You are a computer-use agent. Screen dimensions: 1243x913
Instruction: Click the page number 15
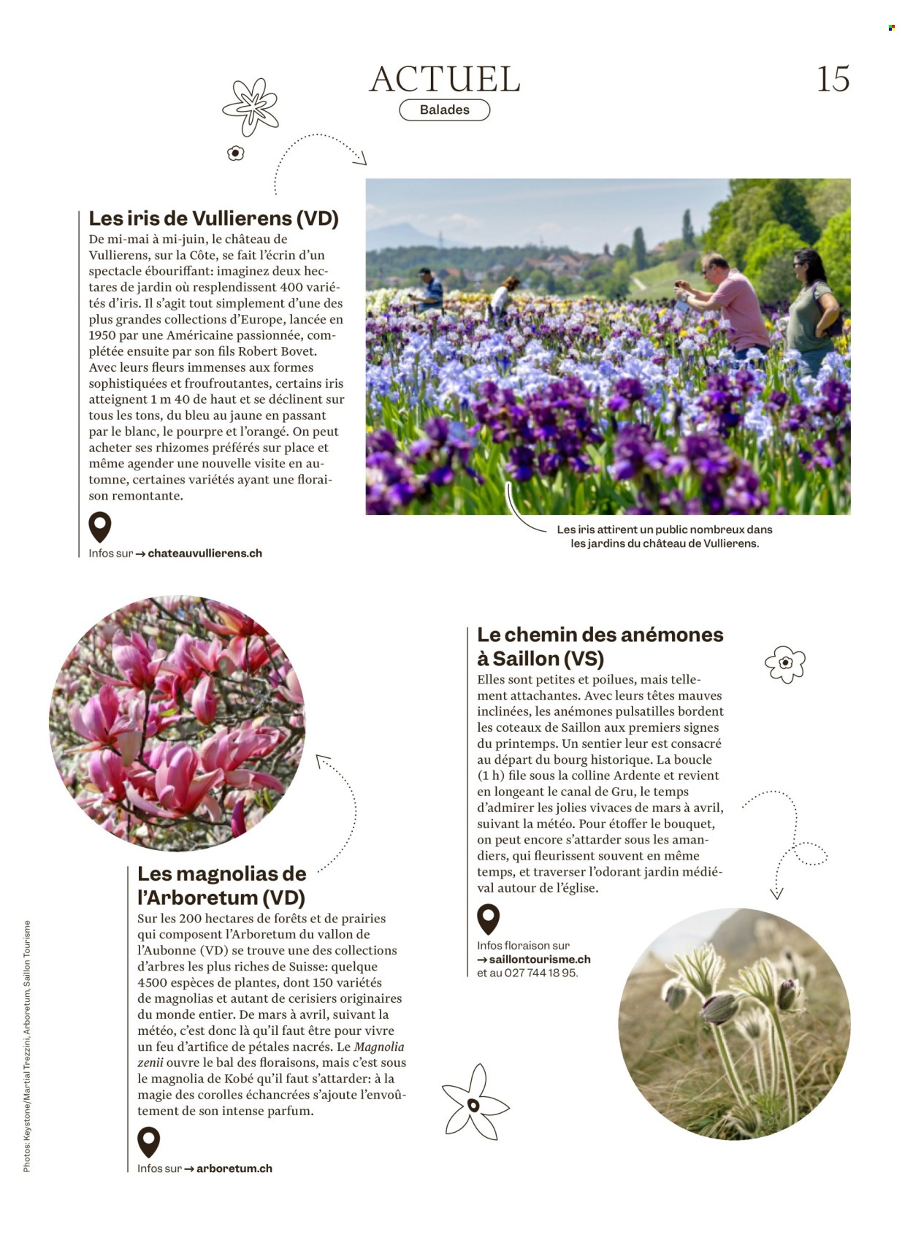pos(833,79)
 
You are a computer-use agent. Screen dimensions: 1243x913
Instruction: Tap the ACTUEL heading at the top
pos(445,79)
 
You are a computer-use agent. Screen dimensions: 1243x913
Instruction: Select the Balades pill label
pos(445,110)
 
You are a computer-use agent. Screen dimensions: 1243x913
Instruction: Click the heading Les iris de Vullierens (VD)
pos(213,218)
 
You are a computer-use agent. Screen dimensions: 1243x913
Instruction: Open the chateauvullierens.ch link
pos(205,554)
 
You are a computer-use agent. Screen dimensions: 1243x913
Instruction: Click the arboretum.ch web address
pos(234,1169)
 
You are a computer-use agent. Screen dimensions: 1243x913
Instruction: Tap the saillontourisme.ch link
pos(539,960)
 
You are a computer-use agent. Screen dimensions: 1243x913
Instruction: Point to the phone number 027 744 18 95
pos(540,974)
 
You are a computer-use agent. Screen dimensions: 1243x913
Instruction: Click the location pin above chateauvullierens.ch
pos(99,527)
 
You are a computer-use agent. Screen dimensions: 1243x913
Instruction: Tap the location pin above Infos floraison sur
pos(488,919)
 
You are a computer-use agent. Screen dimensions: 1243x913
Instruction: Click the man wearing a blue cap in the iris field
pos(429,290)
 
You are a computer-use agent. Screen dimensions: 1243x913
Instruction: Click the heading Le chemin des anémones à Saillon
pos(600,646)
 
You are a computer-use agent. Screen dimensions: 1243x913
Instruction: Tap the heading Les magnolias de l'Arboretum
pos(221,885)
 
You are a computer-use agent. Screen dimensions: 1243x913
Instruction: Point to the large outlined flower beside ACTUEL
pos(251,107)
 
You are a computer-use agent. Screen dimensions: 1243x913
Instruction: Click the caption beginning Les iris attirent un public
pos(664,536)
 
